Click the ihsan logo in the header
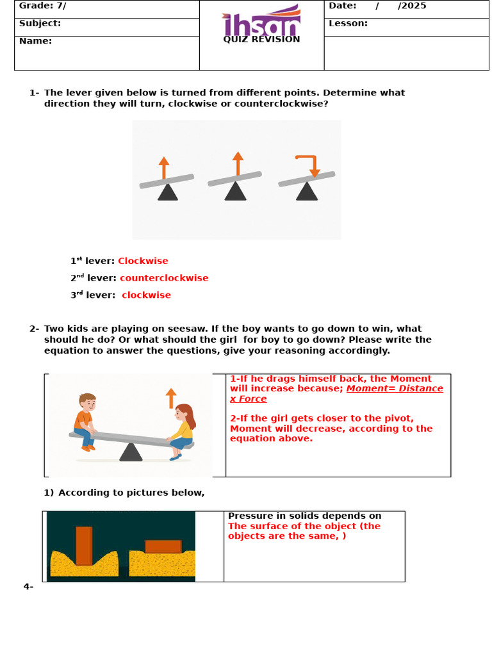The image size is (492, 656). coord(261,20)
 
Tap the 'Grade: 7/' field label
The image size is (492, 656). coord(42,6)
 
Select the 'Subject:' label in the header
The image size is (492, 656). coord(40,24)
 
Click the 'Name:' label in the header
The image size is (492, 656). coord(35,41)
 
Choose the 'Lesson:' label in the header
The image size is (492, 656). coord(348,24)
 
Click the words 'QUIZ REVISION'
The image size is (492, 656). coord(261,40)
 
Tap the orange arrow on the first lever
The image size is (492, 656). coord(164,168)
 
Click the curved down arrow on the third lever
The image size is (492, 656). coord(308,164)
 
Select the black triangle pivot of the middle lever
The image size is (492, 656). coord(236,192)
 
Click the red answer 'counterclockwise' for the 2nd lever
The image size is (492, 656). coord(164,278)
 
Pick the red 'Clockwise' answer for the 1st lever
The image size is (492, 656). coord(143,261)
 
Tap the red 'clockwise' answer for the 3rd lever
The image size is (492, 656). coord(146,295)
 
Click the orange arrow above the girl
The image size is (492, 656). coord(171,398)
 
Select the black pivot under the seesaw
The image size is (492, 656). coord(131,452)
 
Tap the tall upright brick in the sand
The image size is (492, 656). coord(84,545)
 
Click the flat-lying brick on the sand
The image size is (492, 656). coord(163,546)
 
